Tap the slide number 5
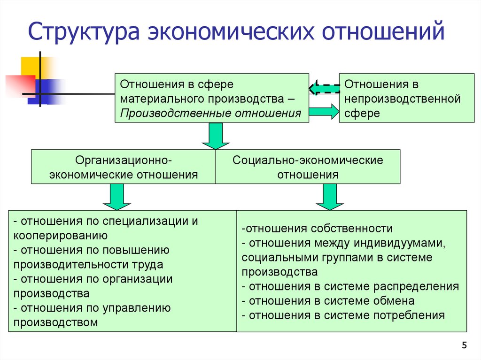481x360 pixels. (464, 346)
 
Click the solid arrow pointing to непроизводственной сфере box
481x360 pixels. (324, 112)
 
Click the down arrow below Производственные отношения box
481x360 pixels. (216, 136)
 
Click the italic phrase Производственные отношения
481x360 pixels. (210, 114)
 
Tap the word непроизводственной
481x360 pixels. (403, 99)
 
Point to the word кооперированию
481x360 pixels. (61, 236)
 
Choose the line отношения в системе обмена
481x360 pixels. (328, 301)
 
